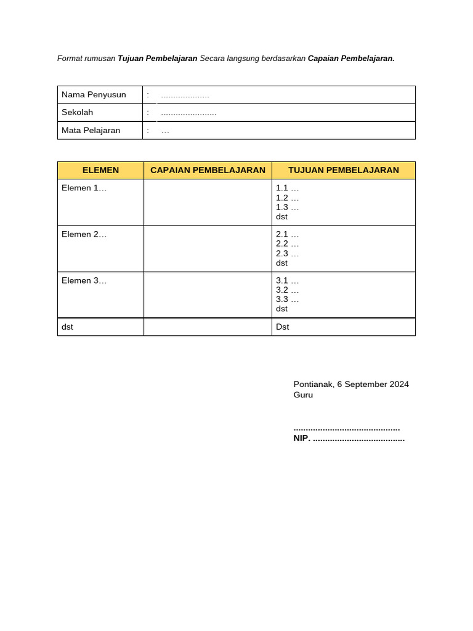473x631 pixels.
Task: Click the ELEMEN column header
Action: pyautogui.click(x=100, y=170)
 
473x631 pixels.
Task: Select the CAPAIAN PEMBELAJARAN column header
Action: pyautogui.click(x=208, y=170)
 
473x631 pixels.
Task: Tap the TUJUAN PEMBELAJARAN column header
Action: pyautogui.click(x=343, y=170)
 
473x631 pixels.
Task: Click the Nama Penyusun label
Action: pyautogui.click(x=94, y=95)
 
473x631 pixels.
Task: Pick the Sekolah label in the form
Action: pyautogui.click(x=77, y=113)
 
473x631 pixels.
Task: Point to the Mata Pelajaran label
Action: pyautogui.click(x=91, y=131)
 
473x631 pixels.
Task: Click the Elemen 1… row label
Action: pyautogui.click(x=84, y=188)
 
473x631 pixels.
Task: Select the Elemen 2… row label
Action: pyautogui.click(x=84, y=234)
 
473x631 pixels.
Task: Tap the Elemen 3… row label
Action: pyautogui.click(x=84, y=280)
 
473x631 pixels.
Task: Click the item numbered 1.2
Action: pyautogui.click(x=287, y=198)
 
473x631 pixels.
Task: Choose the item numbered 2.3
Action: pyautogui.click(x=287, y=253)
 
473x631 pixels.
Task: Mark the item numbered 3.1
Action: pyautogui.click(x=287, y=280)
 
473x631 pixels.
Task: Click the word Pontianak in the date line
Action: pyautogui.click(x=313, y=385)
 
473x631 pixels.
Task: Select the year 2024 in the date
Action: pyautogui.click(x=398, y=385)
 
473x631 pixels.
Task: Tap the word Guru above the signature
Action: pyautogui.click(x=303, y=395)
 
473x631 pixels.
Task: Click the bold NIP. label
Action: pyautogui.click(x=302, y=439)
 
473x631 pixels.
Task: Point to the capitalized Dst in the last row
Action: pyautogui.click(x=282, y=327)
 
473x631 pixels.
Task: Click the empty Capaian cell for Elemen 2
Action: pyautogui.click(x=208, y=248)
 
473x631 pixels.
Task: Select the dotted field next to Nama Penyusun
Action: pyautogui.click(x=185, y=96)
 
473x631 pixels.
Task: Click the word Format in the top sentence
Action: pyautogui.click(x=70, y=59)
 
